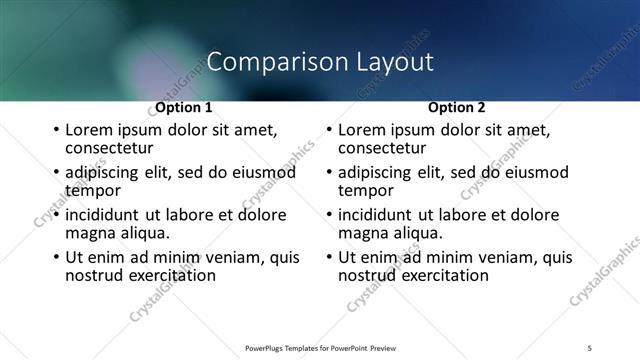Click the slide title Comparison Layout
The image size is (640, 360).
[320, 62]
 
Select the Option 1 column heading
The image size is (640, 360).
[183, 107]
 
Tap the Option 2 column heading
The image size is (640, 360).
[456, 107]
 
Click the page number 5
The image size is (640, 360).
[590, 347]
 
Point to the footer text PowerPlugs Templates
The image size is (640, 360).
[290, 347]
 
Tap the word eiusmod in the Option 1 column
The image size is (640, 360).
[264, 172]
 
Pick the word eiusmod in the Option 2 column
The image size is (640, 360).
[537, 172]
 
